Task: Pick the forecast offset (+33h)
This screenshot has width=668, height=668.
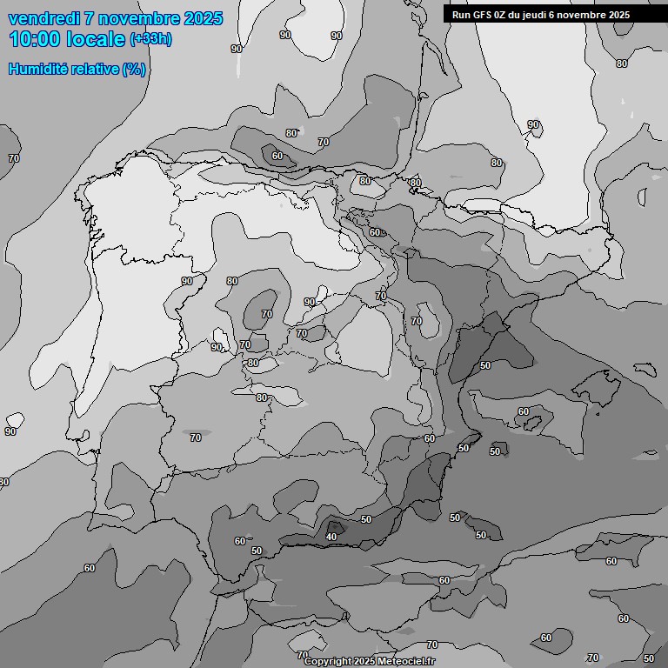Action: pyautogui.click(x=150, y=39)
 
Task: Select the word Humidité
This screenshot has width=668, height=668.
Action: pyautogui.click(x=37, y=69)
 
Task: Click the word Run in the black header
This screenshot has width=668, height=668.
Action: pyautogui.click(x=462, y=15)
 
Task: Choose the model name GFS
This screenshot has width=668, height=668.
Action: pyautogui.click(x=483, y=15)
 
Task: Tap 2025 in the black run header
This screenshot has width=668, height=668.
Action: pyautogui.click(x=618, y=15)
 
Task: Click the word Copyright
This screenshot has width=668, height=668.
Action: pyautogui.click(x=327, y=662)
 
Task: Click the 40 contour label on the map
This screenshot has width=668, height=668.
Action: pyautogui.click(x=331, y=537)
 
